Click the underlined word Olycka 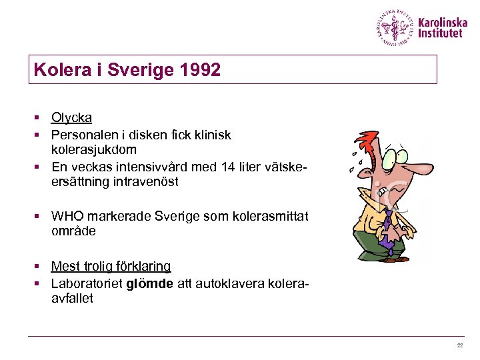[71, 118]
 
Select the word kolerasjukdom [94, 150]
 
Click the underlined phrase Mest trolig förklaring [111, 267]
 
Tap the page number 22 [459, 345]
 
